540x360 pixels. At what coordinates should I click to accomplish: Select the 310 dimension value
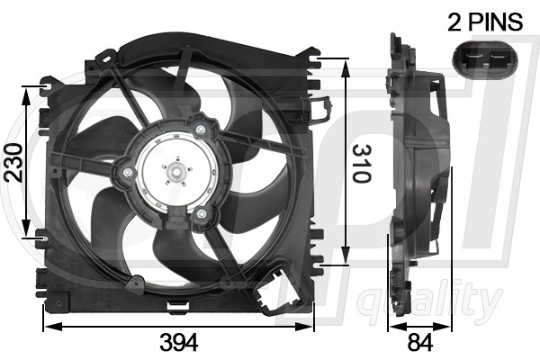click(360, 163)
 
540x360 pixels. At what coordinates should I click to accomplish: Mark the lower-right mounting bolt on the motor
click(202, 213)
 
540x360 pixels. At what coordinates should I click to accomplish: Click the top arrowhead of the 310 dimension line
click(346, 60)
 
